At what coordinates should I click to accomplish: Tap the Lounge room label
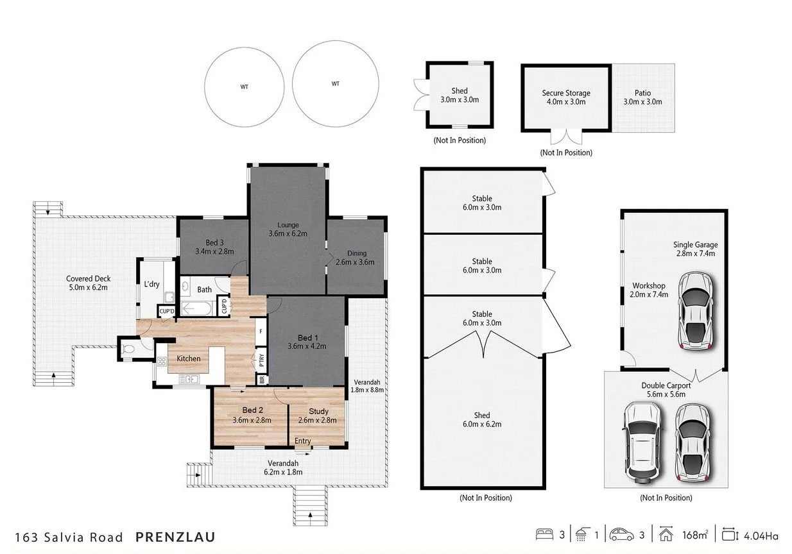coord(288,225)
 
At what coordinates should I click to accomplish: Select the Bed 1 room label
coord(306,338)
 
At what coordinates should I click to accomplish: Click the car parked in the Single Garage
coord(696,310)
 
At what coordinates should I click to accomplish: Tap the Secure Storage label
coord(565,93)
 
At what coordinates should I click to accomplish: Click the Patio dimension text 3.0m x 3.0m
coord(642,102)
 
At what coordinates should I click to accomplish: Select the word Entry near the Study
coord(302,441)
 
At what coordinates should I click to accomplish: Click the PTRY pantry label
coord(261,359)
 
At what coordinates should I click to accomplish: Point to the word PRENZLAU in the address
coord(175,536)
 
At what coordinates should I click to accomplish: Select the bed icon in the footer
coord(544,535)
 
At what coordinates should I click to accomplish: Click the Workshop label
coord(648,286)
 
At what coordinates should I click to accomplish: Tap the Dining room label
coord(356,253)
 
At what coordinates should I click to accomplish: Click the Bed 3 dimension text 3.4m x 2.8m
coord(214,251)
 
